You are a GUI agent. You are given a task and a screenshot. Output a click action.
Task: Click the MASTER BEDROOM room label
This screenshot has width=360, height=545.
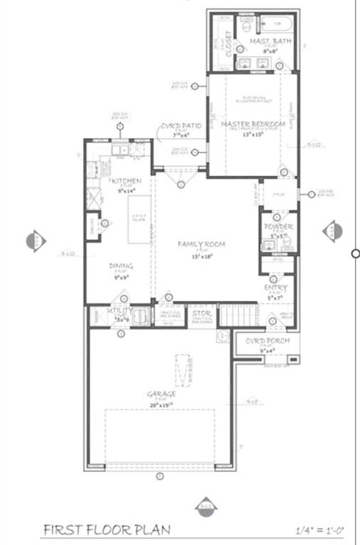click(x=253, y=125)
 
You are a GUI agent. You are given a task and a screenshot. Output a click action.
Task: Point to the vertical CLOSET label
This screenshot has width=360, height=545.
click(x=228, y=43)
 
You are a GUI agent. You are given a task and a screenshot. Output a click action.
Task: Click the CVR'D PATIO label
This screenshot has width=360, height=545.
click(x=180, y=126)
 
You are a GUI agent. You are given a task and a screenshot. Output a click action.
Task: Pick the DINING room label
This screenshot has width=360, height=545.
click(x=121, y=266)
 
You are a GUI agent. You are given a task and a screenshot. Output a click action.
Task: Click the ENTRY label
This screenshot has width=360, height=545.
click(x=276, y=287)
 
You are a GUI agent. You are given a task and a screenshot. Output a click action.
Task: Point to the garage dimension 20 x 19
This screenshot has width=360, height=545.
click(x=161, y=404)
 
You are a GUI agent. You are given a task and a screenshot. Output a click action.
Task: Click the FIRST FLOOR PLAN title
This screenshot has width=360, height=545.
click(x=107, y=529)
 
